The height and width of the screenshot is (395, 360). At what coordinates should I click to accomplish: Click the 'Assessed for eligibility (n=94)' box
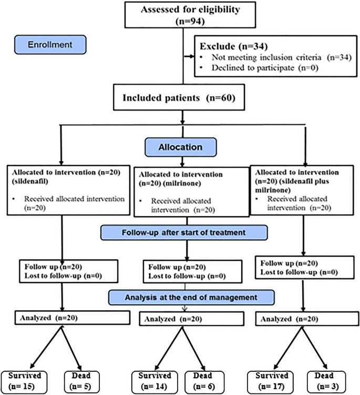point(190,15)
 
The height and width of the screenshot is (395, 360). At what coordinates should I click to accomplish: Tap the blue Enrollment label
point(50,45)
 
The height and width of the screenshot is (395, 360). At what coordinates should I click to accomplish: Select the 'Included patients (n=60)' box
point(179,97)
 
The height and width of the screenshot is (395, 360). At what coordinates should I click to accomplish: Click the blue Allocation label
point(180,147)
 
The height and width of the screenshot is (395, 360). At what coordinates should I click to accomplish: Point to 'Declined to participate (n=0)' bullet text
point(265,67)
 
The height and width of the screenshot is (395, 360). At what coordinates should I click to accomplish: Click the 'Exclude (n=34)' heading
point(234,46)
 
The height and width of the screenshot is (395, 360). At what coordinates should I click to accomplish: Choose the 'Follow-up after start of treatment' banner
point(184,232)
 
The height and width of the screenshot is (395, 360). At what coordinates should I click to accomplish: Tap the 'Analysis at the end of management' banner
point(191,297)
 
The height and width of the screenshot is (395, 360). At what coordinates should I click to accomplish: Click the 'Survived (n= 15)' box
point(24,381)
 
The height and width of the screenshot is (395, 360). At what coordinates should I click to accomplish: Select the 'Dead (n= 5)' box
point(81,381)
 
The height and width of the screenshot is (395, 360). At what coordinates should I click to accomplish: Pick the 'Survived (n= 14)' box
point(155,381)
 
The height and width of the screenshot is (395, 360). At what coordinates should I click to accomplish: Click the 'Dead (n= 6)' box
point(204,381)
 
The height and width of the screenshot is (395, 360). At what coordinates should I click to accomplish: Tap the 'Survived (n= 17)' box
point(270,381)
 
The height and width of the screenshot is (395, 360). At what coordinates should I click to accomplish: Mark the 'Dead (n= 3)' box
point(326,381)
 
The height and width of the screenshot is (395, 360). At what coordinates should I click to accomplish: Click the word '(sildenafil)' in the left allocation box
point(30,181)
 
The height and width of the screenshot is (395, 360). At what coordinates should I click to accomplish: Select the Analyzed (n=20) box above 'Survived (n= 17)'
point(307,319)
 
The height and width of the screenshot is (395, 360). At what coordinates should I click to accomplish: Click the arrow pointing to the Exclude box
point(189,56)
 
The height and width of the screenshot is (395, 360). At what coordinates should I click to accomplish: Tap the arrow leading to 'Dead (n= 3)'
point(314,348)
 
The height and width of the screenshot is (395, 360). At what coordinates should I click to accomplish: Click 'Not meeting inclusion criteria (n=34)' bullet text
point(282,57)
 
